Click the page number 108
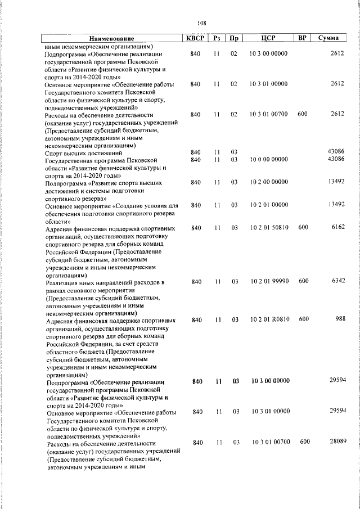202,23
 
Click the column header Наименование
111,39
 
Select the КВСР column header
195,38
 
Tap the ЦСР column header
268,38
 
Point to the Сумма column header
328,38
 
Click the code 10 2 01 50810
269,227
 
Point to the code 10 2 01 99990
269,281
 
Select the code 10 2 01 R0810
269,319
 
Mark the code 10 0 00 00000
269,160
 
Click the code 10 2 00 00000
269,182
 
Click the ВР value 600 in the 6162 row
303,227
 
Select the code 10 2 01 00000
269,205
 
